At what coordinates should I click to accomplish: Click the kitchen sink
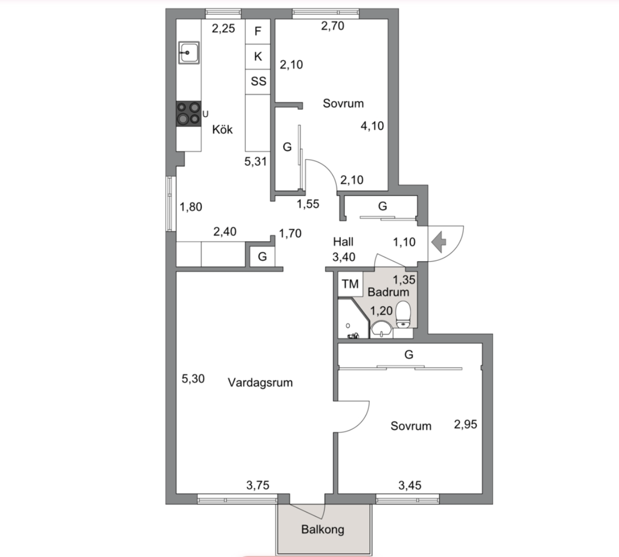188,52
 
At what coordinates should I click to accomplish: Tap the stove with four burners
188,114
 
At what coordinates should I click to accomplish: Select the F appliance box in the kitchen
258,31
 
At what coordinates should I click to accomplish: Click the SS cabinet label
259,82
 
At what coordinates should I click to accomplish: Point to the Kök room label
222,129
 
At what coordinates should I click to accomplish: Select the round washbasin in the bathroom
381,329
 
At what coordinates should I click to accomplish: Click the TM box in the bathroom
350,284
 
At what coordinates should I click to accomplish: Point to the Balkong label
323,529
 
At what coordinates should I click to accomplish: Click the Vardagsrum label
260,383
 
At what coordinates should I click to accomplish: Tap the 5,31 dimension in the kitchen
256,161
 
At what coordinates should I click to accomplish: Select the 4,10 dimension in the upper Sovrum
372,126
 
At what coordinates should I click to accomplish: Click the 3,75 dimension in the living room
258,485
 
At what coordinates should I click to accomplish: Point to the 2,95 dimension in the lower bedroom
465,425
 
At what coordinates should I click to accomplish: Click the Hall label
343,241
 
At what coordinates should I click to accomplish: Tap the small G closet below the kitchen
262,257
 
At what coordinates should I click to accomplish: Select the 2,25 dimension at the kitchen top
223,28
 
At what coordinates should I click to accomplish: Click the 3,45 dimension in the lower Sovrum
410,485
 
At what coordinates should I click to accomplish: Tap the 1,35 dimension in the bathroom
404,280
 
